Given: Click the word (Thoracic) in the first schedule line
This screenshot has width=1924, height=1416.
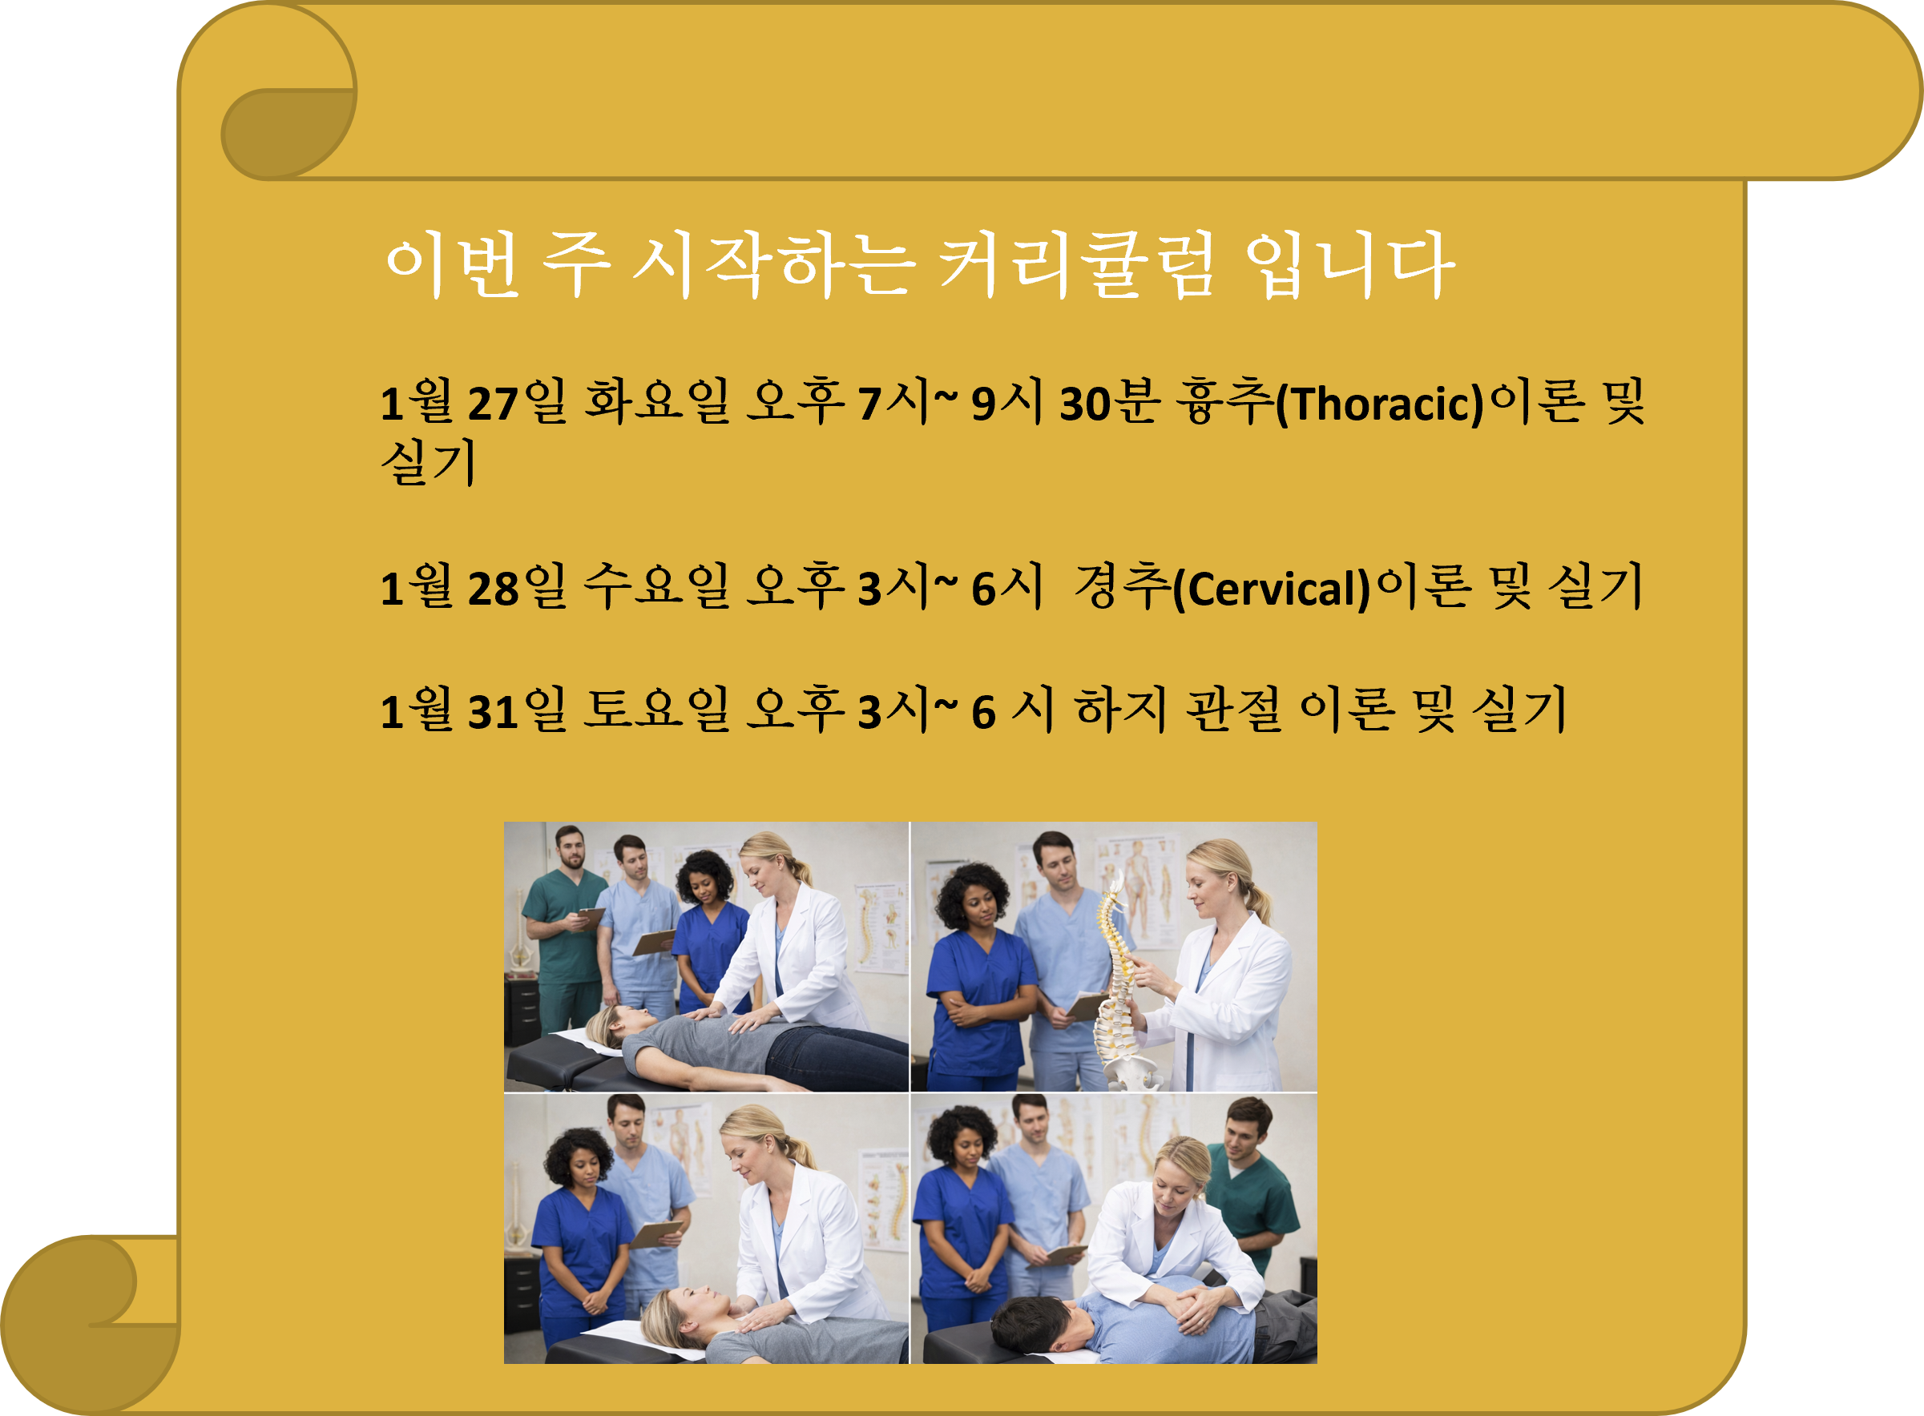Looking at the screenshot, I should pyautogui.click(x=1380, y=404).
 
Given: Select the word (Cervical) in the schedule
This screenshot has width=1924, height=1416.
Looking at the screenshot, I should pyautogui.click(x=1272, y=588).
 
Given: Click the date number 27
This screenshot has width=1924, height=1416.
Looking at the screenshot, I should pyautogui.click(x=493, y=404).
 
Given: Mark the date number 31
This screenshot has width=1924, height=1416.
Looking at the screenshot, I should pyautogui.click(x=493, y=711).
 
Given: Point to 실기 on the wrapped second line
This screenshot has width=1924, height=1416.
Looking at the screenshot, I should pyautogui.click(x=428, y=463).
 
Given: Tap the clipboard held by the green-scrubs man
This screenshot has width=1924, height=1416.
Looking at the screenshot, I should pyautogui.click(x=591, y=915).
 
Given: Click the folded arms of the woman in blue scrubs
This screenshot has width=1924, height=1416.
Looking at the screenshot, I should pyautogui.click(x=978, y=1012).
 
